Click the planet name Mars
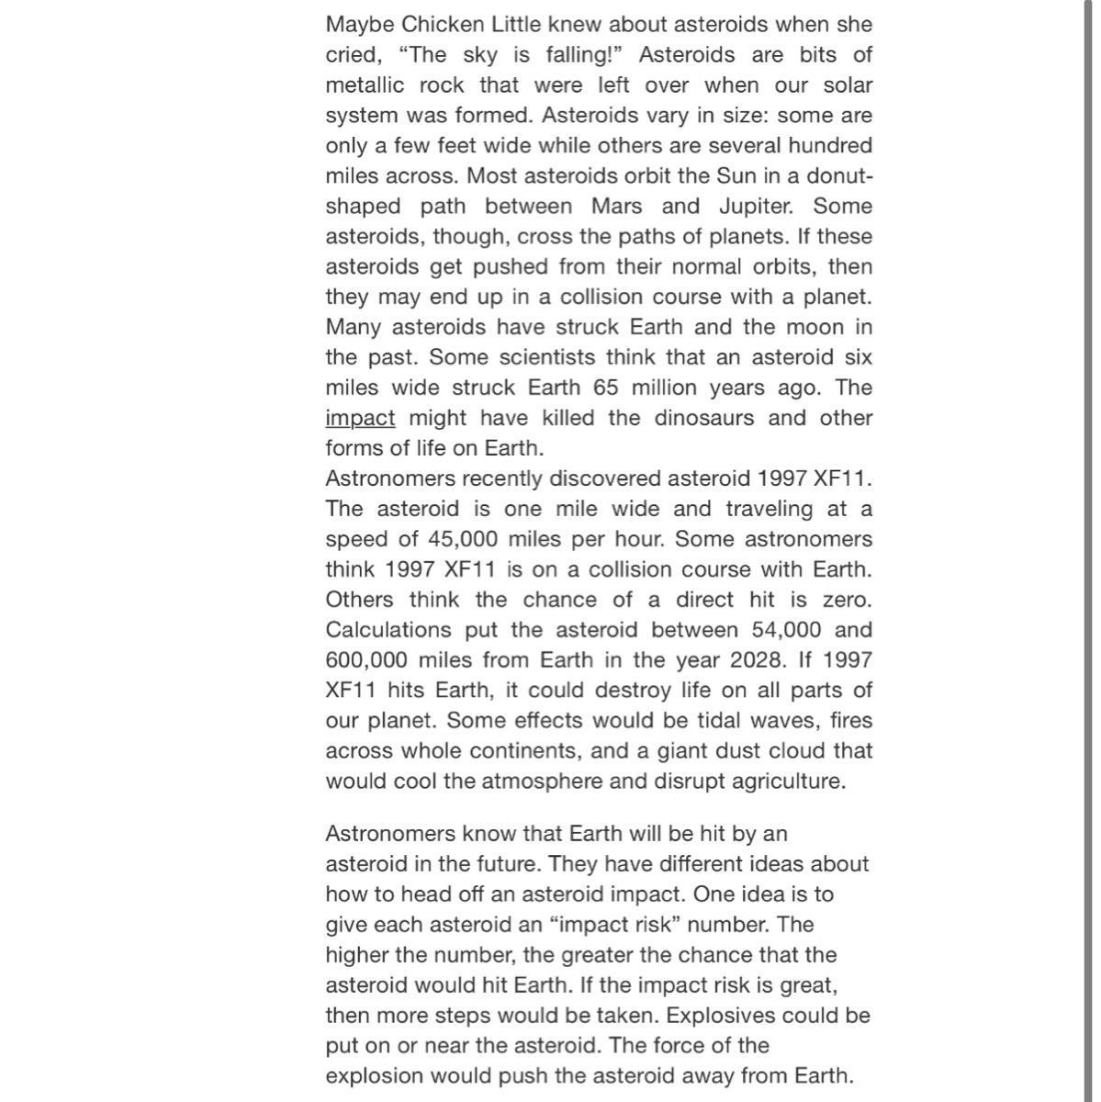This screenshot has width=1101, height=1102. tap(617, 207)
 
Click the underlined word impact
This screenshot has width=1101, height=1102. tap(360, 419)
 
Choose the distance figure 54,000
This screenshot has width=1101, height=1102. tap(778, 631)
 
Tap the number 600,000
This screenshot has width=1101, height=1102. tap(366, 661)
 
